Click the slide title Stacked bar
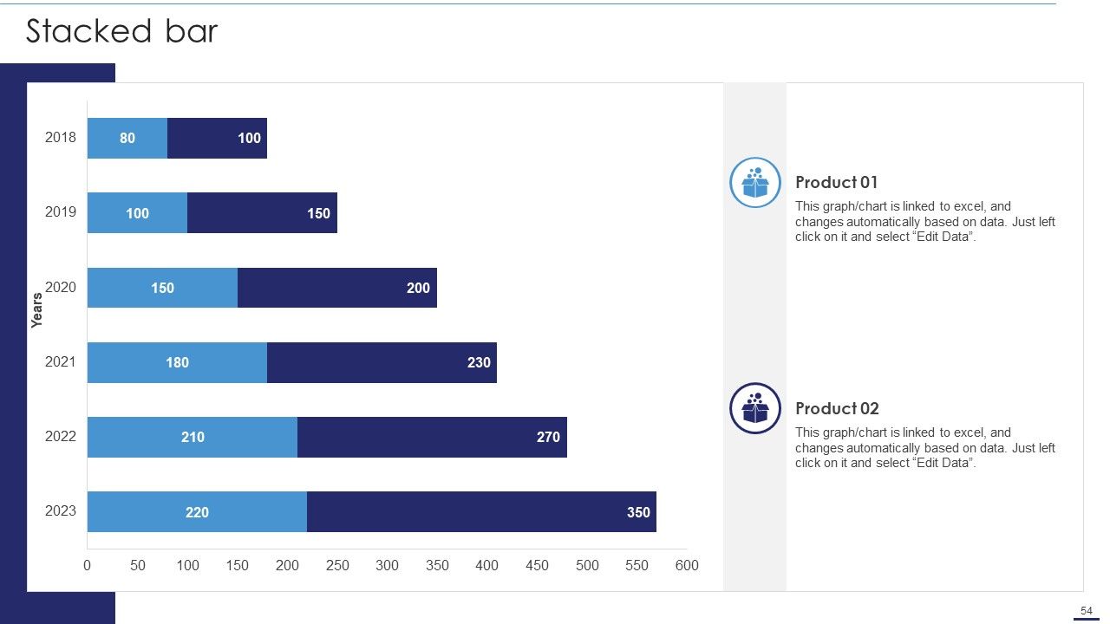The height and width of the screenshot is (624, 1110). pos(122,30)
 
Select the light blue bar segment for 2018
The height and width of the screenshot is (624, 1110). pos(127,138)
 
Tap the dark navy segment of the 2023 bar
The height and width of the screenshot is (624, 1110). pos(481,511)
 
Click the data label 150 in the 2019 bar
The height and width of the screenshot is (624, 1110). pos(318,213)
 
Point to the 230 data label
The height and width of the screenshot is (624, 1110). pos(479,362)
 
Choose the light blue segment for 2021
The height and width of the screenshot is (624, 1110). pos(178,362)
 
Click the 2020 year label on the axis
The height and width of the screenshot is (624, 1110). pos(61,287)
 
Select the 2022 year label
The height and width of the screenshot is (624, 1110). pos(61,436)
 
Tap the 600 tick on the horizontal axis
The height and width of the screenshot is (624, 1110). pos(687,565)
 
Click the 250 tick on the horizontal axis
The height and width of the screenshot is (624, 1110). pos(337,565)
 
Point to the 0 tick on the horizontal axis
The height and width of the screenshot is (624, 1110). pos(88,565)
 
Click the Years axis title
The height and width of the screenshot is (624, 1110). pos(36,310)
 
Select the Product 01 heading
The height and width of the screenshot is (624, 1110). pos(837,182)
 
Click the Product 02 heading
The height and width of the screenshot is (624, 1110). pos(837,408)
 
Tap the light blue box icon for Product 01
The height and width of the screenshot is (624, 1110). pos(755,182)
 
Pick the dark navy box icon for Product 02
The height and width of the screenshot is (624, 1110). pos(755,408)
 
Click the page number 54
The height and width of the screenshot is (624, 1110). pos(1087,611)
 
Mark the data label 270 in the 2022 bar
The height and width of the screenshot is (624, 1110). pos(548,437)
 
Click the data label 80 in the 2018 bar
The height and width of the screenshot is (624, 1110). pos(127,138)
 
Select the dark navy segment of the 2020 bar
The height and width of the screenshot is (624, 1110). pos(337,288)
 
